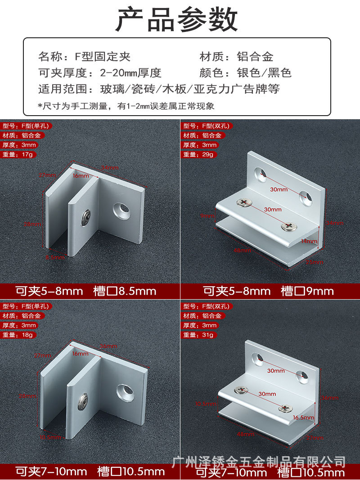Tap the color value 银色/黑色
pos(264,72)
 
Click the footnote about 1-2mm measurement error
pos(126,106)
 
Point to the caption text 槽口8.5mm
pos(125,291)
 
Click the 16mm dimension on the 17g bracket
pos(81,175)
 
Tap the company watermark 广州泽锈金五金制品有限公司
pos(259,462)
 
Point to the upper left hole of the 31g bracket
pos(258,359)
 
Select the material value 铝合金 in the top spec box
pos(255,57)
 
